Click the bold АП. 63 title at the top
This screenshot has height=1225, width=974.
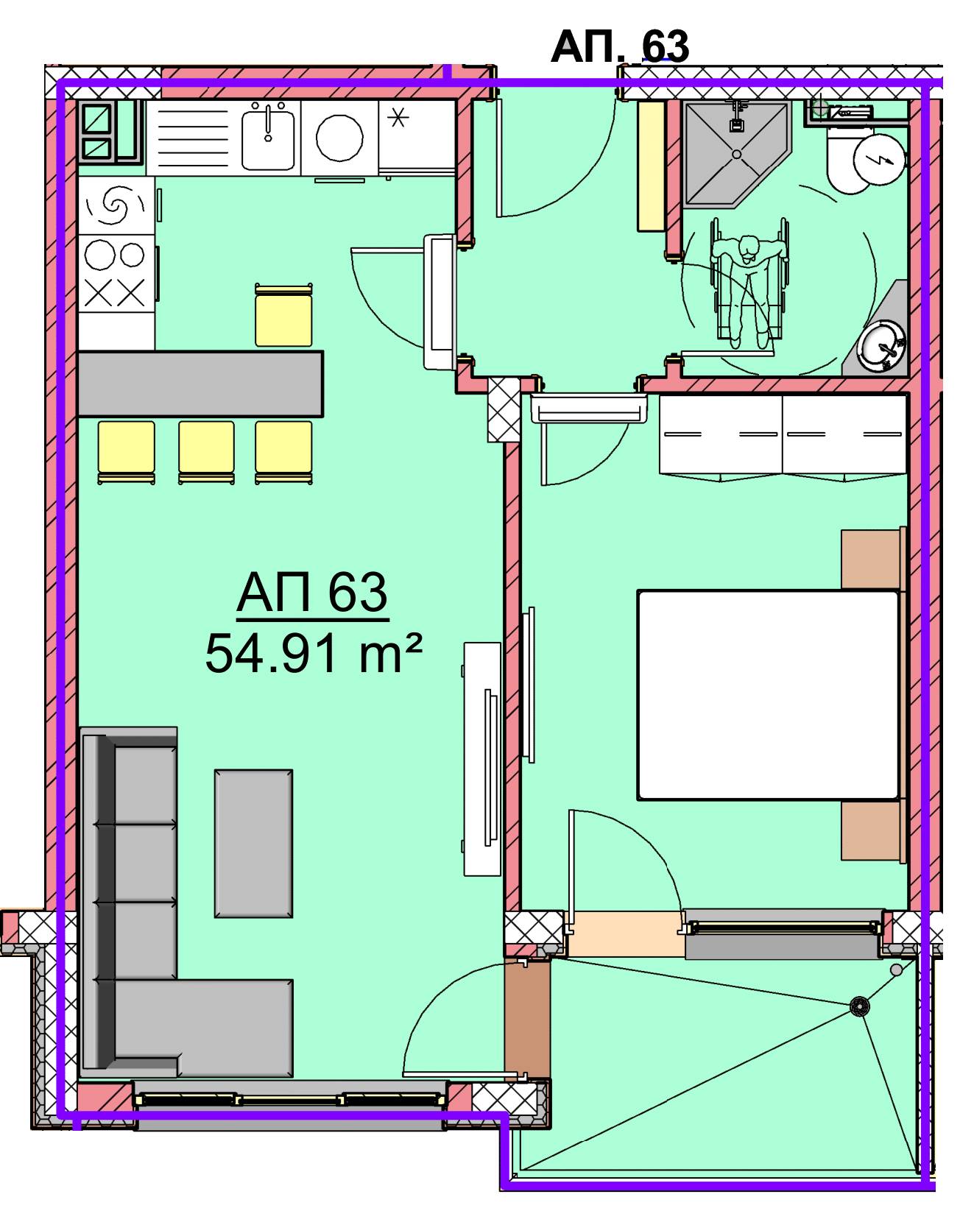620,46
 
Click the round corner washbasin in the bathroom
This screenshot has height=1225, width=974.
883,344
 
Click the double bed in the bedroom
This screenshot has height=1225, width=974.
769,694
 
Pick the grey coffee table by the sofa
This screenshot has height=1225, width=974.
253,843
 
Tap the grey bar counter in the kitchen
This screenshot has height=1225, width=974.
200,384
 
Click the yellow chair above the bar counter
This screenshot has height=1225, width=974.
283,316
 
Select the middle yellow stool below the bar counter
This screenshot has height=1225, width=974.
206,451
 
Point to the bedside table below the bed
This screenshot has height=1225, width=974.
871,830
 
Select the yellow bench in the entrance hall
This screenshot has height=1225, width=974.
652,166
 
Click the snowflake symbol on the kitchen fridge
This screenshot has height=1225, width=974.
398,117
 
